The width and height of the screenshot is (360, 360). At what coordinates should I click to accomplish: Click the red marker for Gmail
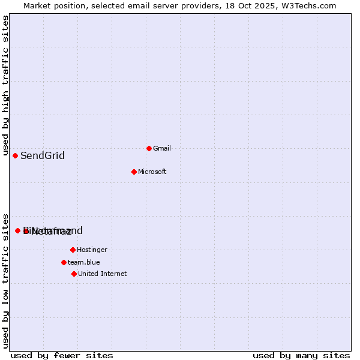[x=149, y=148]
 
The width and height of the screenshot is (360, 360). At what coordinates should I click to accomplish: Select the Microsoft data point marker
[x=134, y=172]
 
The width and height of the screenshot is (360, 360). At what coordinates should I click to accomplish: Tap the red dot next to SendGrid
[x=16, y=155]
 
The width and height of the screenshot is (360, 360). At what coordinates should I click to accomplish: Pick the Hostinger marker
[x=73, y=250]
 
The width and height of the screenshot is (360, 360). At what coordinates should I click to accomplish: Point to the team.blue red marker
[x=64, y=262]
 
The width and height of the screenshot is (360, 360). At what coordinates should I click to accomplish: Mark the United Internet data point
[x=74, y=274]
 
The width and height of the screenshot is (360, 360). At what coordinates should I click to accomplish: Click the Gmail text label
[x=162, y=148]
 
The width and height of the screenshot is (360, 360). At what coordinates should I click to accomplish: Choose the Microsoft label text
[x=152, y=172]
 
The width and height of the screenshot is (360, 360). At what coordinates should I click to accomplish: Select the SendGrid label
[x=43, y=156]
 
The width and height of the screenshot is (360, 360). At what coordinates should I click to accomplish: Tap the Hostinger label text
[x=92, y=250]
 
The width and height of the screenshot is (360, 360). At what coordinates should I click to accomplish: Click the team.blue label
[x=83, y=262]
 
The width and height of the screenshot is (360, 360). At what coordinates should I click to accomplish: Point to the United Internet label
[x=102, y=274]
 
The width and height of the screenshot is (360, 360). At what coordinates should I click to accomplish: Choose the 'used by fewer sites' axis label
[x=62, y=355]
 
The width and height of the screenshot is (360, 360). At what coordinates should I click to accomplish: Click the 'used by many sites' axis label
[x=301, y=355]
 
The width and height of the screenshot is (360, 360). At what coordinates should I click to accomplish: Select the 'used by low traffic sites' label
[x=6, y=280]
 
